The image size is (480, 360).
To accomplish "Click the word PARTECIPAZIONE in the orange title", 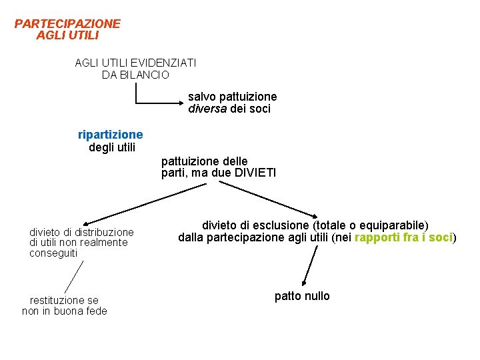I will click(x=67, y=24).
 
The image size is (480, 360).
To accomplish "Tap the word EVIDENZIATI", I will click(x=164, y=63).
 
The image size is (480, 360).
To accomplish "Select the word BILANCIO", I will click(x=144, y=75).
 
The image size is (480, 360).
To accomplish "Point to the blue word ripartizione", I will click(x=110, y=135).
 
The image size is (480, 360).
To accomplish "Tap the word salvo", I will click(x=200, y=97).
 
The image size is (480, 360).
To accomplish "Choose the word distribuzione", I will click(x=104, y=232).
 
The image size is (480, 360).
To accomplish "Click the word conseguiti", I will click(x=53, y=253).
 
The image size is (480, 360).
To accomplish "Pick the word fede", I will click(x=95, y=311).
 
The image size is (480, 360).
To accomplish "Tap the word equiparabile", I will click(x=393, y=225).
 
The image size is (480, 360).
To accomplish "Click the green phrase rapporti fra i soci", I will click(x=404, y=237).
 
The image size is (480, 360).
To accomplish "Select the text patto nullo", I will click(x=302, y=296).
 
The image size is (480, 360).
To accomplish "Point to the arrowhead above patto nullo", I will click(x=305, y=282).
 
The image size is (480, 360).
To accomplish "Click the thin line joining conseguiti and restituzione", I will click(x=74, y=277).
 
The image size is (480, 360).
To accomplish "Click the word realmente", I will click(x=105, y=243).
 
